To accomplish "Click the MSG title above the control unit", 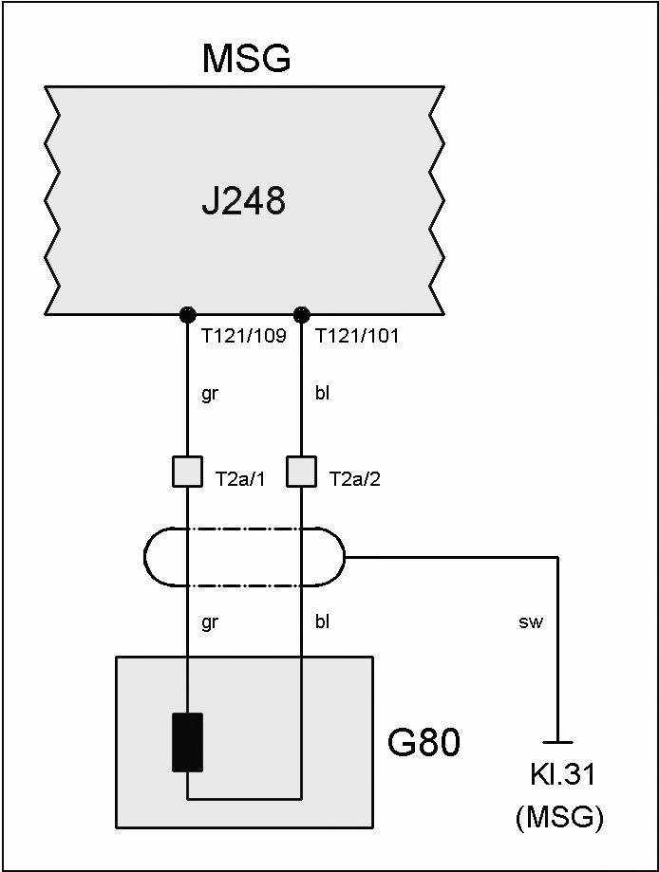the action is point(246,59).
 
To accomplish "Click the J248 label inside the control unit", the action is point(244,200).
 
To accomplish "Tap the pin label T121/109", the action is point(244,336).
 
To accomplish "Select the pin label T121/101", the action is point(357,336).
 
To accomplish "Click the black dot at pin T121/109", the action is point(187,314).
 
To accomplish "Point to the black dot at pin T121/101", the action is point(301,314).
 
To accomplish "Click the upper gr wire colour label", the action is point(210,394).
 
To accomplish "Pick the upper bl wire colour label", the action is point(322,394).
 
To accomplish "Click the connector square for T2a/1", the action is point(187,472).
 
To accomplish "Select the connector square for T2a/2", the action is point(301,472).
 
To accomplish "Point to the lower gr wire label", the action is point(210,622).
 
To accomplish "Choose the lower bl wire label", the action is point(322,622).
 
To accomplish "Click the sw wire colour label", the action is point(531,623).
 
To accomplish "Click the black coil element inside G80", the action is point(187,742).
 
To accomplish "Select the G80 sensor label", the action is point(424,743).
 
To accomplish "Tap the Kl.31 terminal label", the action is point(563,774).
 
